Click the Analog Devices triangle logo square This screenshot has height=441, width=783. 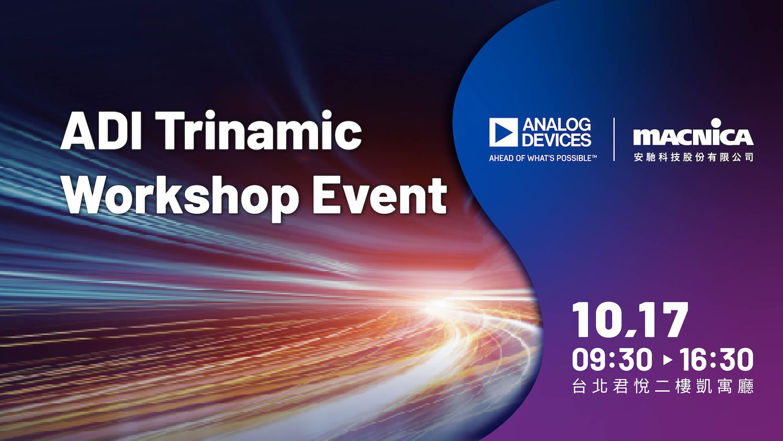point(503,132)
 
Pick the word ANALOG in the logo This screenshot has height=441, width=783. point(557,125)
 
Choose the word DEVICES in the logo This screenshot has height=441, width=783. point(557,140)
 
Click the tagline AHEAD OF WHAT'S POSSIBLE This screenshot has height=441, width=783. point(540,158)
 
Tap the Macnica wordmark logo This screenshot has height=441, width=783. point(693,134)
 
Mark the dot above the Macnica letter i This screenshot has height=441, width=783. point(716,123)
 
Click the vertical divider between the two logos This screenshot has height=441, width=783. point(614,139)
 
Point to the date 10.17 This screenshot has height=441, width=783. point(629,320)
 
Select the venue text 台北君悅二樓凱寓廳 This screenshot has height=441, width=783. point(663,386)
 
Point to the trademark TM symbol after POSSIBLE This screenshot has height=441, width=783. point(594,156)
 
